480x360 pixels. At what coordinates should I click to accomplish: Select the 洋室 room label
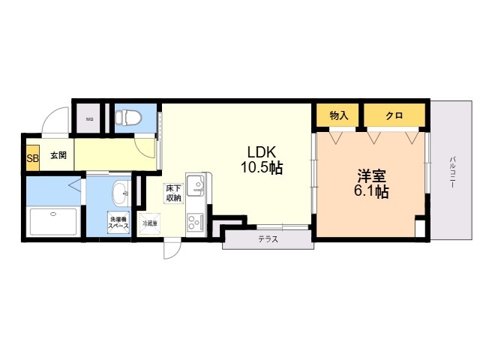pos(371,176)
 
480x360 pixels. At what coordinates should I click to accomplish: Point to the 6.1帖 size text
pos(371,193)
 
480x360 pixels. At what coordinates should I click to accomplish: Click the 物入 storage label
pos(339,115)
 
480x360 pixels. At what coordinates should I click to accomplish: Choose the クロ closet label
pos(394,115)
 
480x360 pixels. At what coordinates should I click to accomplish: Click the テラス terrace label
pos(268,240)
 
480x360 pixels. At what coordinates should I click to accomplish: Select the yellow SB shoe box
pos(32,157)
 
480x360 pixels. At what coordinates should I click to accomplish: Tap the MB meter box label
pos(89,119)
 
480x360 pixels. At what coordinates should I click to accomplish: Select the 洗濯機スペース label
pos(118,223)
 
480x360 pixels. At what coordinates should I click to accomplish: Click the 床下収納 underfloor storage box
pos(173,193)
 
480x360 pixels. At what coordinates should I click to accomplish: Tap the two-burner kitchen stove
pos(196,223)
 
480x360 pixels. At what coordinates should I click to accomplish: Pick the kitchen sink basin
pos(196,184)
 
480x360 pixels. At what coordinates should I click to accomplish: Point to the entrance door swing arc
pos(52,120)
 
